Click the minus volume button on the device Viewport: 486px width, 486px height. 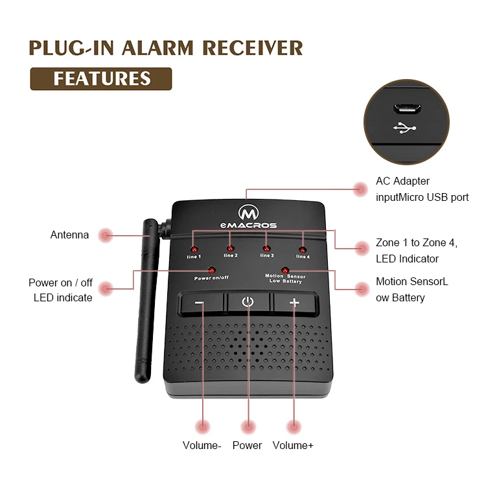tap(201, 303)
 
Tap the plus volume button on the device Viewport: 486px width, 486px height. tap(295, 303)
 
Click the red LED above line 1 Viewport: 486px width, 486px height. tap(194, 249)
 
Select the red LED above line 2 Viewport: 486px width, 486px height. tap(230, 248)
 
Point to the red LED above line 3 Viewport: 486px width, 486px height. tap(266, 248)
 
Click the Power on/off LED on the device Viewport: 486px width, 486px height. tap(212, 270)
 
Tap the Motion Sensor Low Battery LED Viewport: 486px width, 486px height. tap(284, 269)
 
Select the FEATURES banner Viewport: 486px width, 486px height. tap(101, 79)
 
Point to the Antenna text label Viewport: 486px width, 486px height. tap(69, 235)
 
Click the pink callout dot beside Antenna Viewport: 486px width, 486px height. tap(105, 235)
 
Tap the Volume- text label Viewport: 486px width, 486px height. tap(202, 445)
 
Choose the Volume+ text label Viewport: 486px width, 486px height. tap(293, 445)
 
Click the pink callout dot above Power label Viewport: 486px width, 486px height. tap(248, 426)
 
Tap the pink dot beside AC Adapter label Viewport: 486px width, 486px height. tap(360, 189)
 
